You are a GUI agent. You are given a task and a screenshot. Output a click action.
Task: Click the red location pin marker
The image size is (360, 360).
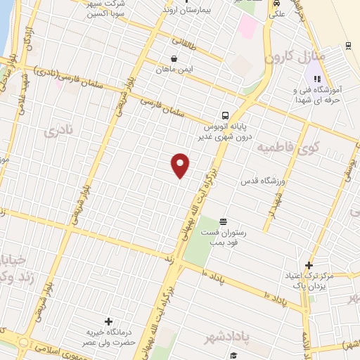click(x=181, y=165)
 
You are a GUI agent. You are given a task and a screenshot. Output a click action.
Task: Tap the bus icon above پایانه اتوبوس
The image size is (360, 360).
click(x=224, y=115)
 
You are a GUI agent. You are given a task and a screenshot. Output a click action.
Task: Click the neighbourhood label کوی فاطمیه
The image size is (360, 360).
click(x=288, y=148)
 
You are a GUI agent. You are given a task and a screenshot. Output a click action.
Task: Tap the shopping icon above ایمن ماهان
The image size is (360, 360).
click(x=174, y=58)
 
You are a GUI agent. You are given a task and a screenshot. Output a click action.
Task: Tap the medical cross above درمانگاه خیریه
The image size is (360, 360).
click(x=108, y=321)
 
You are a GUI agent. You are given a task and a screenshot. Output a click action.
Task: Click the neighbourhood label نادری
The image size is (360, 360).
click(x=56, y=131)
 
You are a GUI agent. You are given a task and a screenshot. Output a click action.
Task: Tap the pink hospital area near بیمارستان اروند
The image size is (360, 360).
click(x=247, y=27)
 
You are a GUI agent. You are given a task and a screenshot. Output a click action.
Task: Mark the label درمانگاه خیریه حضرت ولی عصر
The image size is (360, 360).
click(x=107, y=337)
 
